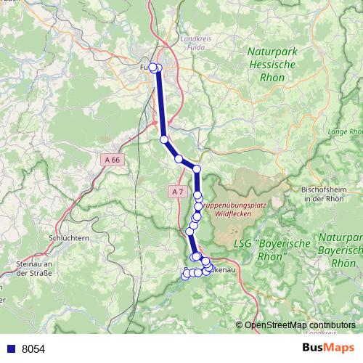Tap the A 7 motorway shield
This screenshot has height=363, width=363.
(x=177, y=192)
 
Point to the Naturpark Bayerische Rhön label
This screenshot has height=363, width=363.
(x=342, y=250)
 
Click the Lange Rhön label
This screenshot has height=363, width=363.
(x=346, y=132)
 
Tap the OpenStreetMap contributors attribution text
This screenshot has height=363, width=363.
(x=299, y=325)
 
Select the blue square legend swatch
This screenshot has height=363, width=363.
(x=11, y=348)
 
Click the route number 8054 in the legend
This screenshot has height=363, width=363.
(x=33, y=348)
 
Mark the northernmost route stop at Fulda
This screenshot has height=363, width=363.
(x=153, y=68)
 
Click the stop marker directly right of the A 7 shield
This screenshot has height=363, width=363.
(x=197, y=195)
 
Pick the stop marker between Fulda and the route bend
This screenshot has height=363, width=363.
(x=164, y=139)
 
